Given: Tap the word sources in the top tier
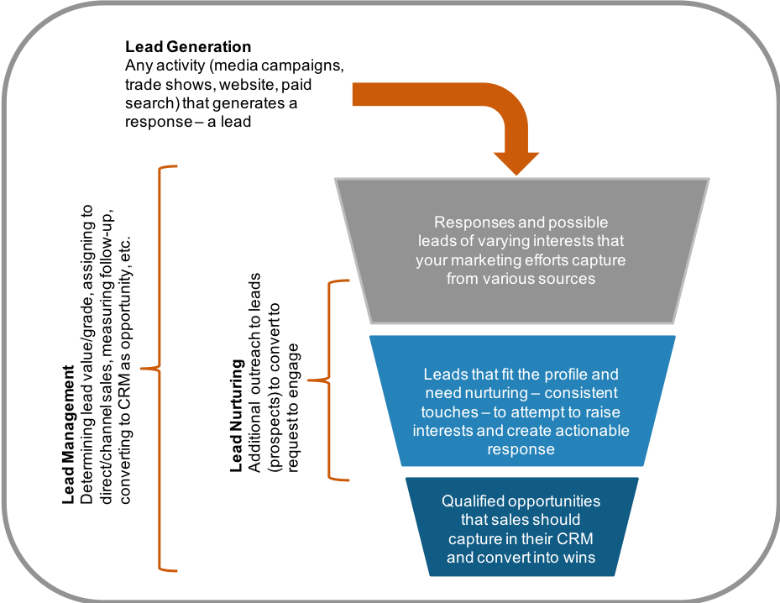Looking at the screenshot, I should point(568,279).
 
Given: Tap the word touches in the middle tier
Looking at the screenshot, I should point(445,412).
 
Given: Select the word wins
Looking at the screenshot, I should point(580,557).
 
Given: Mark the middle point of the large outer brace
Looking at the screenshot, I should point(143,368).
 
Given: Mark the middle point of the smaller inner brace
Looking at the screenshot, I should point(311,381).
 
